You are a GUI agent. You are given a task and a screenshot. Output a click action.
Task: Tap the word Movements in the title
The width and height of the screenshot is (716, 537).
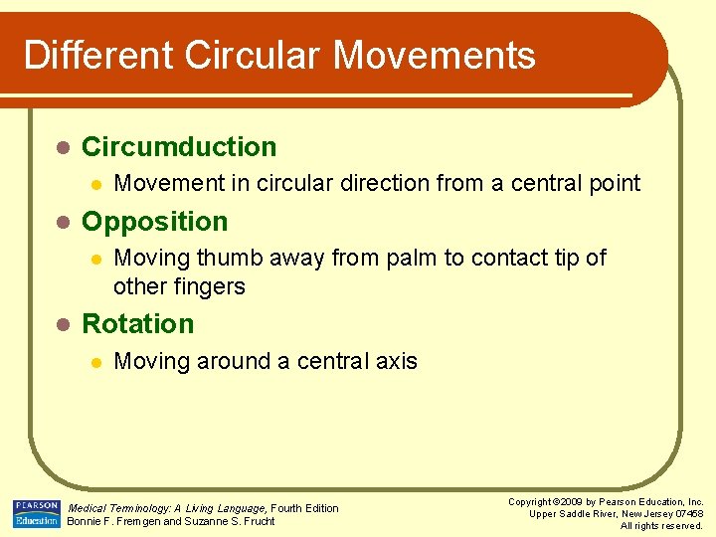point(435,55)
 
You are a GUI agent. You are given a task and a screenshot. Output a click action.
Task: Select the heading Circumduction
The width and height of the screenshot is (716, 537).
point(179,147)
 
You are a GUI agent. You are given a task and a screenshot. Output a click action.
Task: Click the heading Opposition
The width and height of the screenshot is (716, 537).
point(154,222)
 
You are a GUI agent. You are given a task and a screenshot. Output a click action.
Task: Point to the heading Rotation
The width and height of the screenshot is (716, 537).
point(137,324)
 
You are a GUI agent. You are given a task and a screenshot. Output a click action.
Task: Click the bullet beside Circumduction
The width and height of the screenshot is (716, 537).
point(62,147)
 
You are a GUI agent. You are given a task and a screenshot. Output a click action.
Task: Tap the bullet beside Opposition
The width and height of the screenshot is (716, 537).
point(62,222)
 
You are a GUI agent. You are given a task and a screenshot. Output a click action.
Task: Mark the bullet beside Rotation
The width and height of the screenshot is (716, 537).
point(62,324)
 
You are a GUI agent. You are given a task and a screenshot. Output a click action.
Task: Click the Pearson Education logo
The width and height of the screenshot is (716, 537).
point(36,513)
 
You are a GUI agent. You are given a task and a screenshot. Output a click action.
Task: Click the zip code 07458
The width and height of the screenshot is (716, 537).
point(685,514)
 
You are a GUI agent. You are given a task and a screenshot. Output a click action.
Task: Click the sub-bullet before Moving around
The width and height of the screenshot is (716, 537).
point(94,361)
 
